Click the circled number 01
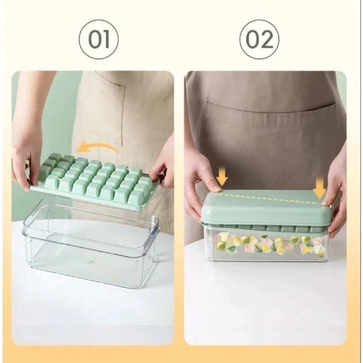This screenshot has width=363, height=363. click(98, 40)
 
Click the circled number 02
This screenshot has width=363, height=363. click(259, 40)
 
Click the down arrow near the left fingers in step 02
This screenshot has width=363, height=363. click(221, 176)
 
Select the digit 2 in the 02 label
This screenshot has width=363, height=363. click(268, 40)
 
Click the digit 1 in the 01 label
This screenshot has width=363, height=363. click(107, 40)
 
